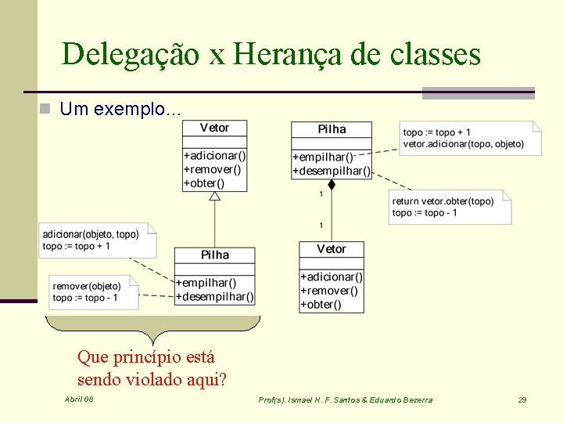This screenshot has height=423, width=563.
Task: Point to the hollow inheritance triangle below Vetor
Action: [215, 196]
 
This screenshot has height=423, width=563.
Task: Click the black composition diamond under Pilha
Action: [332, 185]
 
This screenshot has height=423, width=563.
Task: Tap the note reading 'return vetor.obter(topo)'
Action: [450, 207]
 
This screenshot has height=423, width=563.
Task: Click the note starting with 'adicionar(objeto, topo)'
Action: [98, 240]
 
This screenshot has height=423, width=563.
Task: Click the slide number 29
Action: [522, 400]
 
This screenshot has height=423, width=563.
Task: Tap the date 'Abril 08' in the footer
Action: [79, 399]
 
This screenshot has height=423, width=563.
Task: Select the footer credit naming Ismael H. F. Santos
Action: [345, 400]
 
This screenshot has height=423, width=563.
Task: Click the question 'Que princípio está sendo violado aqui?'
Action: [152, 368]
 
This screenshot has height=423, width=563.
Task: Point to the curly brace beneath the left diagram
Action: [153, 325]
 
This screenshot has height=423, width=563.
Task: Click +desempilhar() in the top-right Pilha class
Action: [332, 171]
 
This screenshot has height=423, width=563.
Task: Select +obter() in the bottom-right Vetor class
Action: [321, 304]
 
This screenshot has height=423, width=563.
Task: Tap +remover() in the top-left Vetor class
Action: [212, 169]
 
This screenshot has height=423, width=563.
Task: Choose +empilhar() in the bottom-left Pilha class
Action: [206, 283]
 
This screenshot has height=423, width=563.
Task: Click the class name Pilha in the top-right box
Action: [332, 129]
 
